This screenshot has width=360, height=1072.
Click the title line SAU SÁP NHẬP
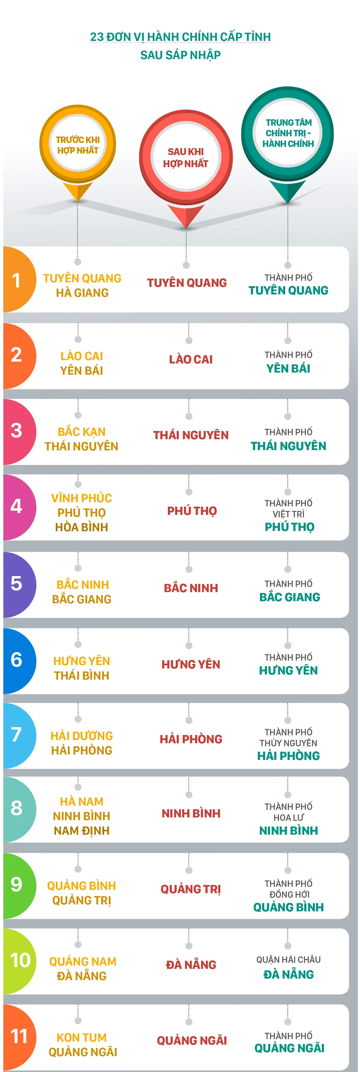(x=180, y=55)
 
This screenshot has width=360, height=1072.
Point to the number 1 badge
(x=16, y=280)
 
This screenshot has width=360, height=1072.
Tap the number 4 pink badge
(x=16, y=507)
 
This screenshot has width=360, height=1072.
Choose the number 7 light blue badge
(x=16, y=735)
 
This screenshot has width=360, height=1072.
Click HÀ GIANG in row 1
(x=82, y=293)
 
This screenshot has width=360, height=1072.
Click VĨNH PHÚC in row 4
(x=82, y=498)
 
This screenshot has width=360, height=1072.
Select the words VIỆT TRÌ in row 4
(x=288, y=514)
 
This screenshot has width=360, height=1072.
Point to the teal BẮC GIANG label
(x=290, y=597)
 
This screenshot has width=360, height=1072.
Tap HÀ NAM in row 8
(x=82, y=802)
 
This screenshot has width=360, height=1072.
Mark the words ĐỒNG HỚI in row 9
(x=289, y=894)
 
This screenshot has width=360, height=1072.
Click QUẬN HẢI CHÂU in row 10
(x=288, y=960)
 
